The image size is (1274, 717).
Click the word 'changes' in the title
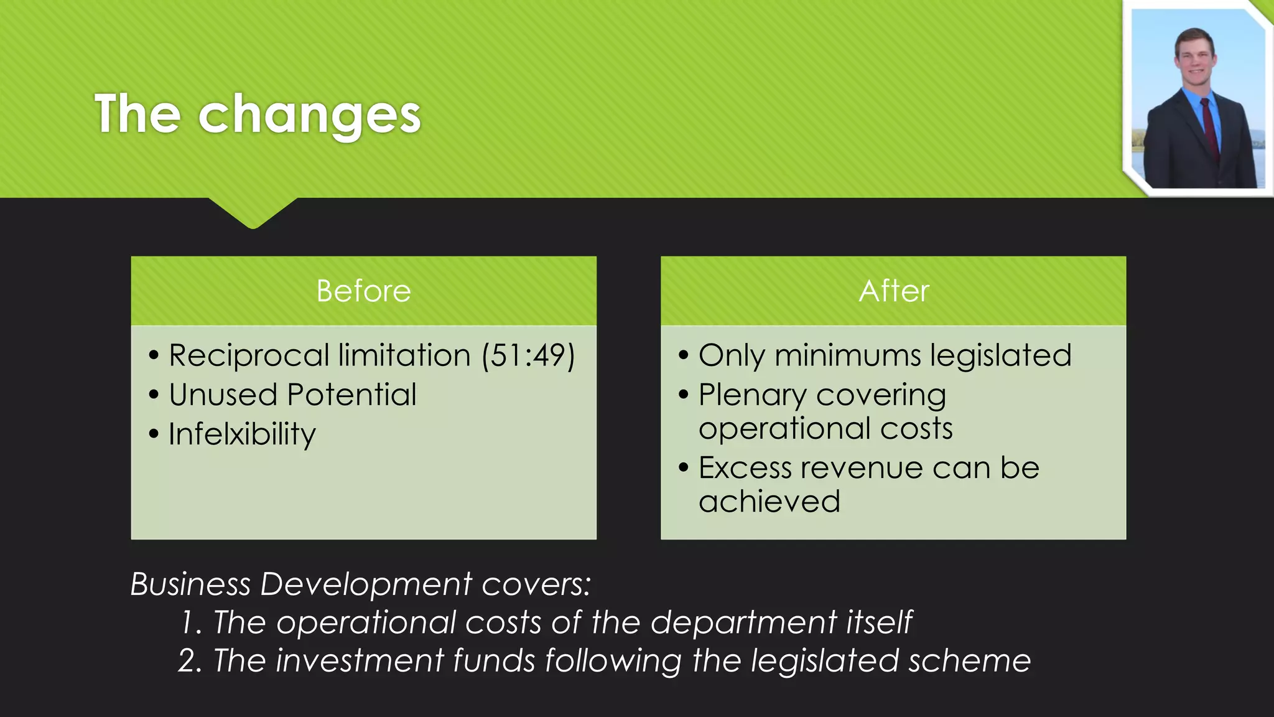tap(309, 115)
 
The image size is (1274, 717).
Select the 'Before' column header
tap(363, 291)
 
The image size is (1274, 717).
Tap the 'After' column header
tap(893, 291)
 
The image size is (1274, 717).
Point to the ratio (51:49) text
tap(528, 356)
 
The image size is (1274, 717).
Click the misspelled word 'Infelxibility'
tap(242, 434)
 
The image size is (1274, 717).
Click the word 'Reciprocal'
tap(249, 356)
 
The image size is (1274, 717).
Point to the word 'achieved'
tap(769, 502)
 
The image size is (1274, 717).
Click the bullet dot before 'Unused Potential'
tap(154, 395)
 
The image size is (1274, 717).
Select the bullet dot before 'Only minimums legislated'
tap(684, 356)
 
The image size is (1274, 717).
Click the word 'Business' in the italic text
tap(190, 584)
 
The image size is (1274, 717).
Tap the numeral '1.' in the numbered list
tap(190, 623)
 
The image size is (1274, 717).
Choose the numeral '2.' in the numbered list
tap(190, 661)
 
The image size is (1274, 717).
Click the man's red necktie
tap(1210, 128)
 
